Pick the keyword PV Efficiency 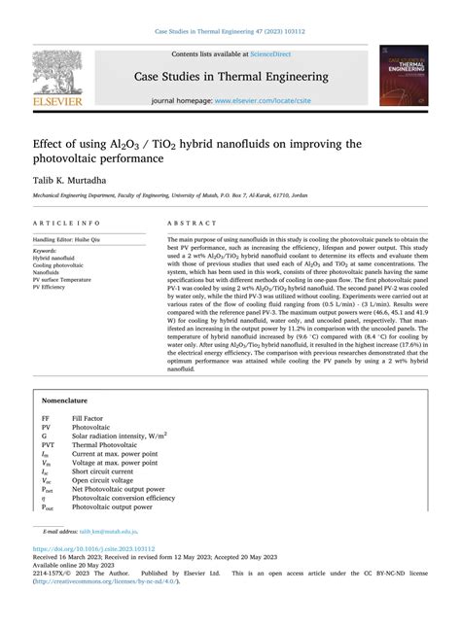53,288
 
